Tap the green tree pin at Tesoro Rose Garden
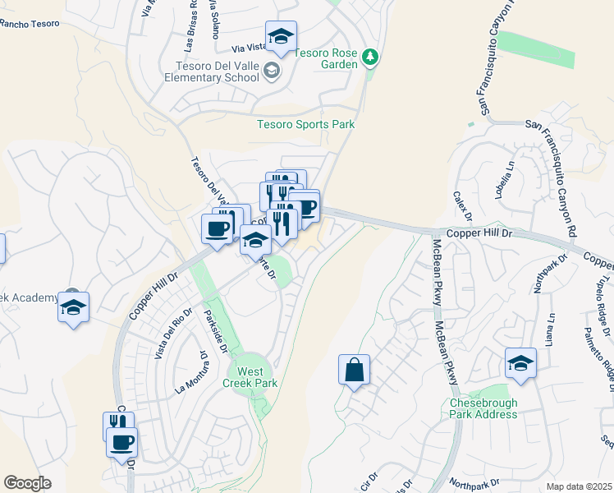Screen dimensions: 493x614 coord(371,56)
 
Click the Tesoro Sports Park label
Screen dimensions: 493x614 coord(305,125)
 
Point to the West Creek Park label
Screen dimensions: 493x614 coord(252,377)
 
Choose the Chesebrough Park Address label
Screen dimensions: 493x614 coord(483,408)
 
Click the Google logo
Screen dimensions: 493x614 coord(28,483)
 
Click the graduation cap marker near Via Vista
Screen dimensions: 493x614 coord(281,36)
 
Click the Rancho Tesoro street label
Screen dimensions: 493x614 coord(30,23)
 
